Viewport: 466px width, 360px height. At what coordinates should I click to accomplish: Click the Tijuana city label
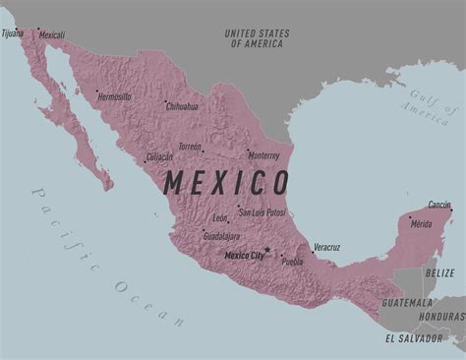point(13,33)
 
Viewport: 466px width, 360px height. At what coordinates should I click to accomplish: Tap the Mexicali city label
point(51,35)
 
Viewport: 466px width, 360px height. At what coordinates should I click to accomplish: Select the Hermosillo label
point(114,97)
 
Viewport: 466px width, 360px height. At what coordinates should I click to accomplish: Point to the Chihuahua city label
point(182,106)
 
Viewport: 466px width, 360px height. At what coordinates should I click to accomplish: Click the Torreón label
point(190,148)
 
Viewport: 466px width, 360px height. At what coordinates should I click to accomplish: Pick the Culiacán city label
point(159,156)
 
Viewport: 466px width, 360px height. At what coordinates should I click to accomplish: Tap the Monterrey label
point(263,155)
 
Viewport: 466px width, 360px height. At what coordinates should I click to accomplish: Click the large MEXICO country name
point(226,183)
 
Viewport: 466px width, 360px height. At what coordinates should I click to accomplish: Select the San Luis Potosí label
point(262,212)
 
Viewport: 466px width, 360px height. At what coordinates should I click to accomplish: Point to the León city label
point(220,217)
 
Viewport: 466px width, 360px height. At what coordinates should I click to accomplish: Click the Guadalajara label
point(221,236)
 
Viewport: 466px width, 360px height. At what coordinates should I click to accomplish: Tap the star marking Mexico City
point(267,250)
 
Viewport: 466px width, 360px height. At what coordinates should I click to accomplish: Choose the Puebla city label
point(292,262)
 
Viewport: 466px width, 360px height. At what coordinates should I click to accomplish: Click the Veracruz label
point(326,247)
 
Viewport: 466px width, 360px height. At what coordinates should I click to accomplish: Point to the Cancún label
point(439,206)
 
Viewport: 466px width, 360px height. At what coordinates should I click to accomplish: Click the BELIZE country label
point(439,271)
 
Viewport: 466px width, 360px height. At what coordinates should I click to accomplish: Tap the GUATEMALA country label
point(407,302)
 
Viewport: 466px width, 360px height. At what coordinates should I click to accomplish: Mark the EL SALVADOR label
point(414,337)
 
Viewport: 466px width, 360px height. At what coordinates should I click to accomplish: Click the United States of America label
point(258,38)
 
